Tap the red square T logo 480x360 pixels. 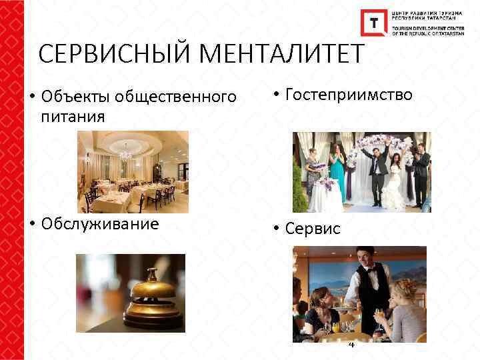[373, 23]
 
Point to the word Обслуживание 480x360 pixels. [100, 223]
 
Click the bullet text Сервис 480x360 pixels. [313, 229]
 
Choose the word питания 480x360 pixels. [73, 117]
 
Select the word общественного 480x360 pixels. [175, 97]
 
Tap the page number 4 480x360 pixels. [352, 344]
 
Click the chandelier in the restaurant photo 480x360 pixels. [125, 153]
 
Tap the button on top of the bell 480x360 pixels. [153, 271]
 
